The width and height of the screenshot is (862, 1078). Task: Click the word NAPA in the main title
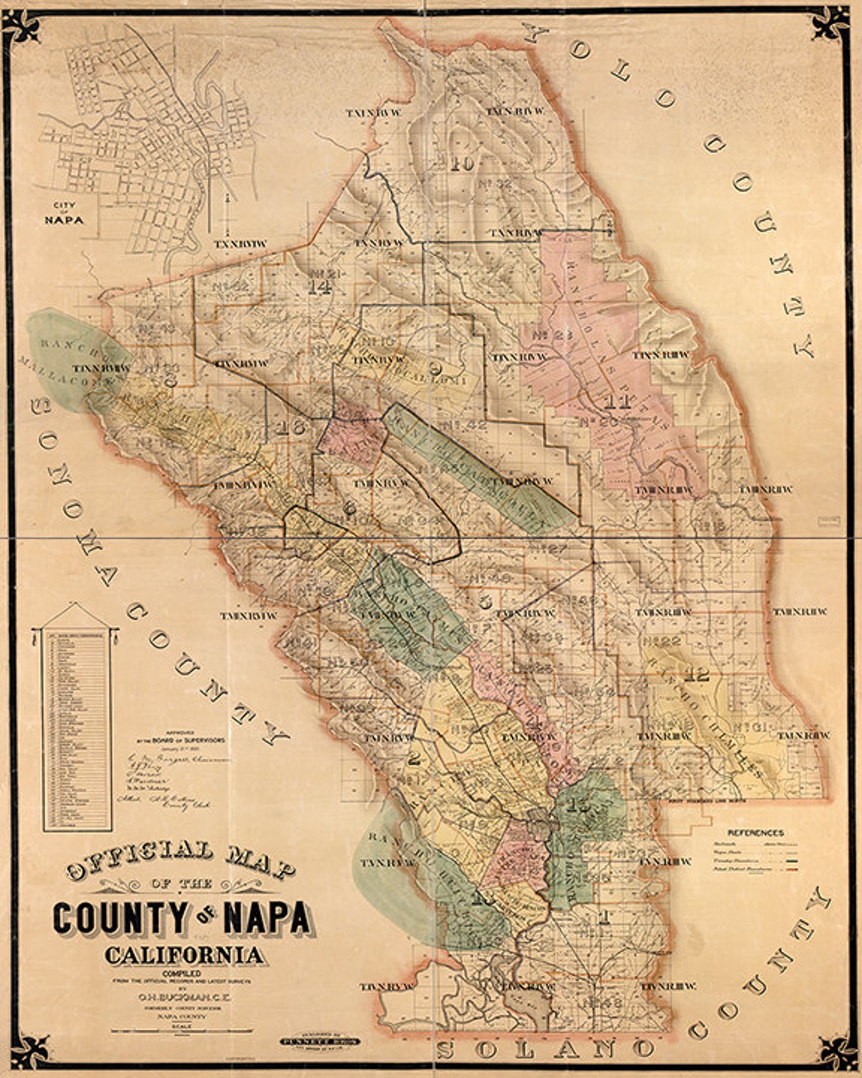point(267,918)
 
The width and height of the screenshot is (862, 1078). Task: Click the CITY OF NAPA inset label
point(64,214)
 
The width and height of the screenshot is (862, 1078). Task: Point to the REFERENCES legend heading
point(756,833)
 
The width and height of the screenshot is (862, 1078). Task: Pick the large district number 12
point(697,675)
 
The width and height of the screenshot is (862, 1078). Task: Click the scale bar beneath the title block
point(182,1031)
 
